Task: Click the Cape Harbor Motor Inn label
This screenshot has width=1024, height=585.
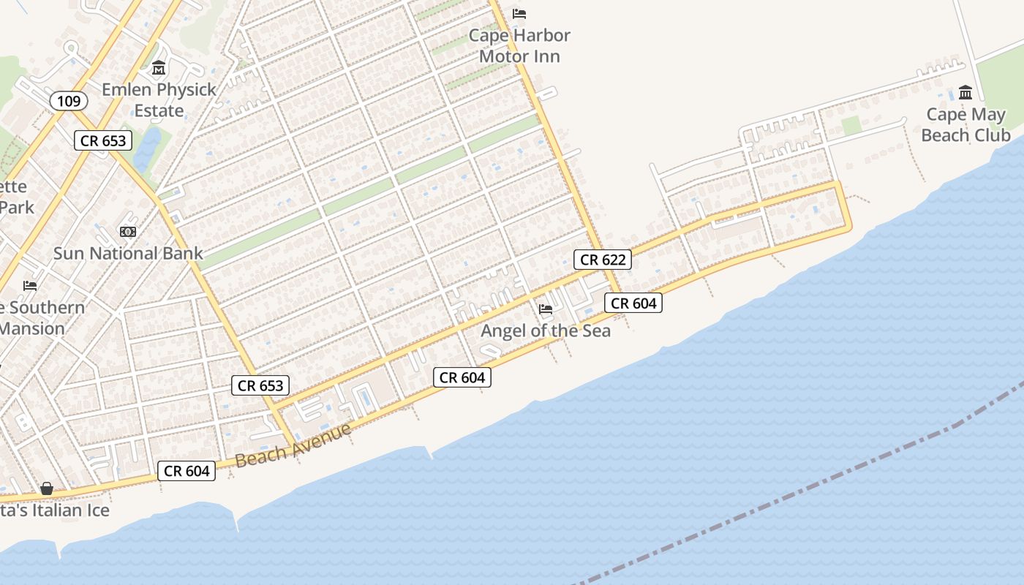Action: click(519, 45)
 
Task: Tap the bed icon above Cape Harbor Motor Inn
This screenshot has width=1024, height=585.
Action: click(519, 14)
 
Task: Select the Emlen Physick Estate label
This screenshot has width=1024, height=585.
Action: click(159, 100)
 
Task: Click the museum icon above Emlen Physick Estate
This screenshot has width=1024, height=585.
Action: click(159, 69)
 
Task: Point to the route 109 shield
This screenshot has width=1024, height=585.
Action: click(69, 101)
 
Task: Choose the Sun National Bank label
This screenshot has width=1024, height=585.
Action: click(128, 254)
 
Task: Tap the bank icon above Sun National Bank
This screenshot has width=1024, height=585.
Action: click(128, 232)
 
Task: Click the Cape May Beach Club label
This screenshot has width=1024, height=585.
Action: click(965, 124)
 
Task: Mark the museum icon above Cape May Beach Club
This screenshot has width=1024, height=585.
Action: click(965, 93)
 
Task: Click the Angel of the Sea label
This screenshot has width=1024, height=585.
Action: click(546, 331)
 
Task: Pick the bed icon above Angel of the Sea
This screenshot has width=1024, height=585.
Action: click(546, 309)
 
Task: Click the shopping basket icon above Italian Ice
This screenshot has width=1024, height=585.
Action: click(47, 488)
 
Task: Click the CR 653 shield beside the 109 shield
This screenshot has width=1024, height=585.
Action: click(103, 141)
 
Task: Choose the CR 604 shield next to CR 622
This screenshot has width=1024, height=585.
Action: click(633, 303)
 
